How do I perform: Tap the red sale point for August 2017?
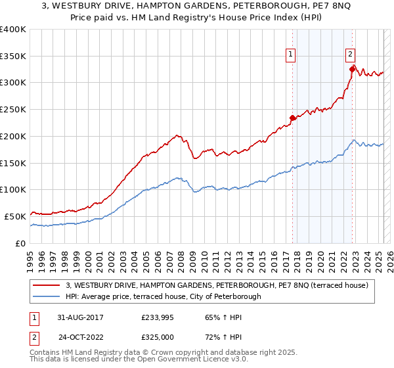(x=293, y=118)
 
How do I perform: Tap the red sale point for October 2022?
(x=353, y=68)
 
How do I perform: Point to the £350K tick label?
(x=13, y=57)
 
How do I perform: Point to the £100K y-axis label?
(x=13, y=189)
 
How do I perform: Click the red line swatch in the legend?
(x=47, y=285)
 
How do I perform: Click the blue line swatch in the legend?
(x=47, y=296)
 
